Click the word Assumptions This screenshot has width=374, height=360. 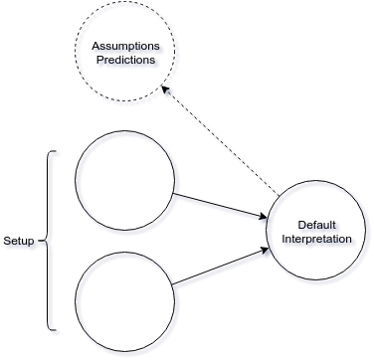pos(125,47)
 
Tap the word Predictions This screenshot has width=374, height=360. pos(125,60)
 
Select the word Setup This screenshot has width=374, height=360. pos(19,241)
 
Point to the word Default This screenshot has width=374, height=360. pos(316,225)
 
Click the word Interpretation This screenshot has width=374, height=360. pos(316,239)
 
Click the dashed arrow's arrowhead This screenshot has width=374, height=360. pos(165,90)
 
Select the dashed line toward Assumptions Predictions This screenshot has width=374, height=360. pos(220,140)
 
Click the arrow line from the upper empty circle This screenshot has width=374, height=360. pos(220,206)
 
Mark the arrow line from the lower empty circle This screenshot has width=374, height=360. pos(221,266)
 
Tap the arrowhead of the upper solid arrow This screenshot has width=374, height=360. pos(263,217)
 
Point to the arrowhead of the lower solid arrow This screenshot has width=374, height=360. pos(265,250)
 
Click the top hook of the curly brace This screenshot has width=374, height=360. pos(53,152)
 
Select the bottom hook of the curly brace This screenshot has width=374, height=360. pos(53,329)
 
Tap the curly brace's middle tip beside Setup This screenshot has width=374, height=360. pos(42,241)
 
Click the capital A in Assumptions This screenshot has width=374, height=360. pos(95,46)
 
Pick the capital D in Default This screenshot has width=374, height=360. pos(301,225)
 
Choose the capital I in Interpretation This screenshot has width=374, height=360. pos(283,239)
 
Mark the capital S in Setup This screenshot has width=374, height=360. pos(7,241)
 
